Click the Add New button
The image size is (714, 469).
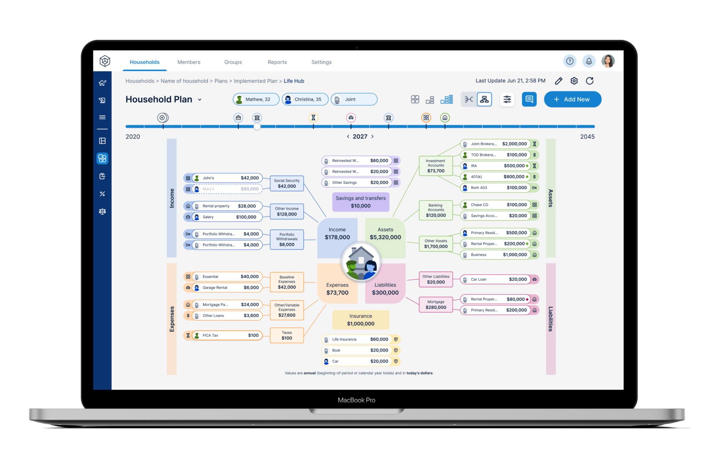(x=572, y=99)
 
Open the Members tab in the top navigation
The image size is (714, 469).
(x=189, y=62)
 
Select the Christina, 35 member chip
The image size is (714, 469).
(x=305, y=99)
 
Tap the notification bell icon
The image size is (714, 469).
(x=589, y=61)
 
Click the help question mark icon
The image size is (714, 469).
(x=570, y=61)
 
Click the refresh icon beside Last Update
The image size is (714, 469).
(x=590, y=81)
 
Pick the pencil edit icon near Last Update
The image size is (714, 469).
(x=559, y=81)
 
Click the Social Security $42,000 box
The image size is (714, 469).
(x=287, y=183)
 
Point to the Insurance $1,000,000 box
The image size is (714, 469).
(x=361, y=320)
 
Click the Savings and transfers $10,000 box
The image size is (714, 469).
(x=361, y=202)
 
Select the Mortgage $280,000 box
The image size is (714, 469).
(x=436, y=305)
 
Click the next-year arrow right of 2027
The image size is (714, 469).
(x=372, y=136)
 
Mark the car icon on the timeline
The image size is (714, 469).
(x=351, y=118)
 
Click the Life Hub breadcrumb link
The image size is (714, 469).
(x=294, y=81)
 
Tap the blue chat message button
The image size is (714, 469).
(x=529, y=99)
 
